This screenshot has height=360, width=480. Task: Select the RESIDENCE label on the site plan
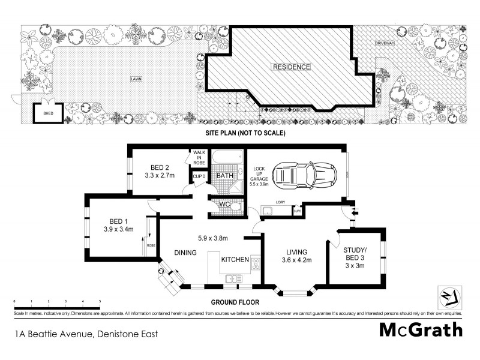coord(292,67)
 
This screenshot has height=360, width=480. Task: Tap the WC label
coord(225,204)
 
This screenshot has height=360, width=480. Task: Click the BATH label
coord(226,175)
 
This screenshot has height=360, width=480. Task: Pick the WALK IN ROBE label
coord(199,158)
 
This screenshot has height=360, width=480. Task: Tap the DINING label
coord(185,253)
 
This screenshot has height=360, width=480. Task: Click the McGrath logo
coord(421,329)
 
